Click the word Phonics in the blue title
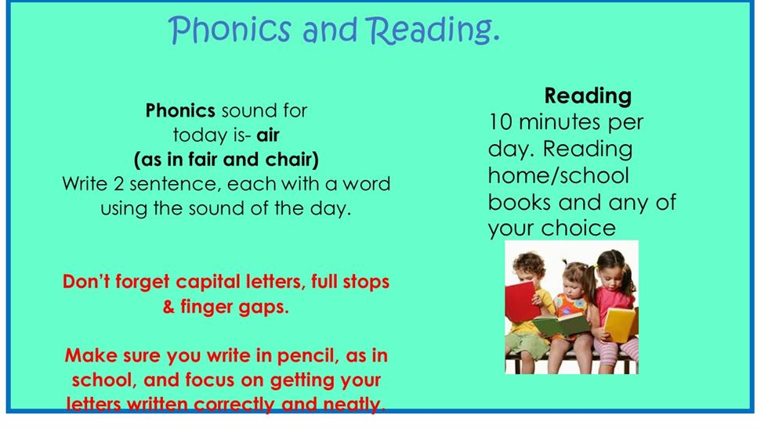(230, 31)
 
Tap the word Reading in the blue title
(433, 31)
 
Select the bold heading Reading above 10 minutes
(588, 96)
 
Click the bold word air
(268, 135)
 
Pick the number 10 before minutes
(501, 122)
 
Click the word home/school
(559, 175)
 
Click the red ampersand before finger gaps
(168, 307)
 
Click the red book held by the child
(522, 302)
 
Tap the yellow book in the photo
(621, 324)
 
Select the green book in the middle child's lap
(561, 325)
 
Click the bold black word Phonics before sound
(180, 111)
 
